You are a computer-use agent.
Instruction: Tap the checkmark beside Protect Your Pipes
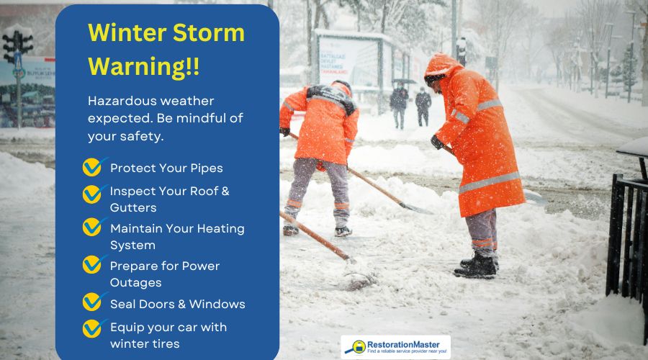point(92,167)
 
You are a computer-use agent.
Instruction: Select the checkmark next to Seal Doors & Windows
point(92,302)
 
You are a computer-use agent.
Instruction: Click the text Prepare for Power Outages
point(165,274)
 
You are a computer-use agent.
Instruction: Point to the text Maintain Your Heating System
point(176,236)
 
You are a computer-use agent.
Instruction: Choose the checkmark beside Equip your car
point(92,328)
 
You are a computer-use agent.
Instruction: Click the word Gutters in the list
point(134,207)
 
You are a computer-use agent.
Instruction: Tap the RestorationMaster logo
point(395,347)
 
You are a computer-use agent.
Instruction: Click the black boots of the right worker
point(477,266)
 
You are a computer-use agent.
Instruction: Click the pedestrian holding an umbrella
point(399,101)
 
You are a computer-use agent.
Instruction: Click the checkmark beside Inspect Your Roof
point(92,193)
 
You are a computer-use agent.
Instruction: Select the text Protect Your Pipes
point(166,168)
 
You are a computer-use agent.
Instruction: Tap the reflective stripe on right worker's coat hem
point(490,181)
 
